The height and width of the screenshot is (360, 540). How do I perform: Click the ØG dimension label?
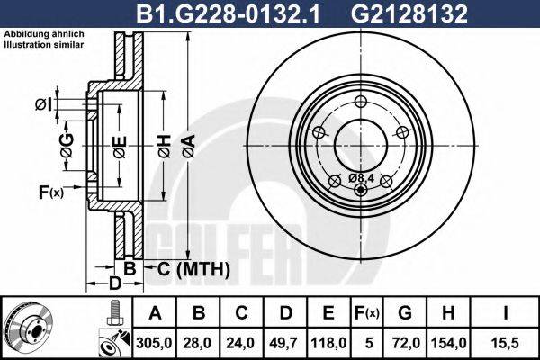67,141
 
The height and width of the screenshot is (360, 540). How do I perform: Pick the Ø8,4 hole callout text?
360,177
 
